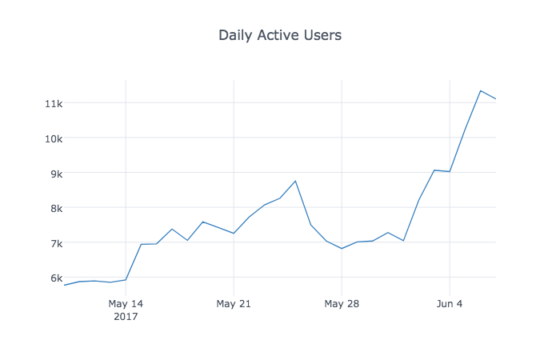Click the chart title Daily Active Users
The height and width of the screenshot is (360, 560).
point(280,35)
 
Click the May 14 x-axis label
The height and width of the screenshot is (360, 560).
point(126,304)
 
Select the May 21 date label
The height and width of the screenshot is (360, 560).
point(234,304)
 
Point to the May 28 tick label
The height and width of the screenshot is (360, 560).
point(342,304)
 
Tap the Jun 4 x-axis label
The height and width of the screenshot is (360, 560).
point(450,304)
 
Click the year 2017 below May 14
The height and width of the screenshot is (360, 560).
point(126,317)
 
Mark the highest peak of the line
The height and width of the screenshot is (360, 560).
point(481,90)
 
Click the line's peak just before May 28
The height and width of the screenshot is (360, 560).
point(295,181)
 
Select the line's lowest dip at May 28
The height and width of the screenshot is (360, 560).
point(342,249)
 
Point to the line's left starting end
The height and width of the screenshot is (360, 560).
point(64,285)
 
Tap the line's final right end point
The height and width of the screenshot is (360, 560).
point(496,99)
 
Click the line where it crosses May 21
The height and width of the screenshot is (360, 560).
point(234,234)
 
